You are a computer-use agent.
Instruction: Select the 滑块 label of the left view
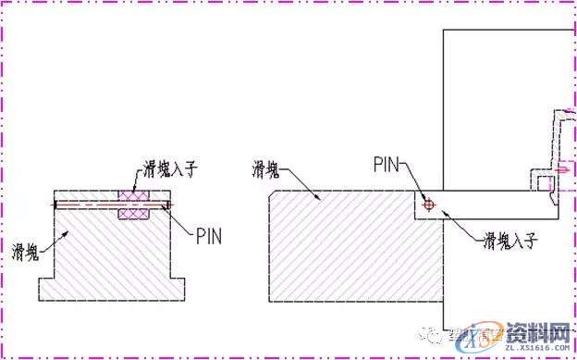(x=26, y=251)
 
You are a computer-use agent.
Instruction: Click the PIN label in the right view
(x=388, y=165)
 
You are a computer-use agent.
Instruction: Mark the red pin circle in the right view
(x=427, y=205)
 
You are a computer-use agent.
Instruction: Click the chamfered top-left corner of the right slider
(x=274, y=195)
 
